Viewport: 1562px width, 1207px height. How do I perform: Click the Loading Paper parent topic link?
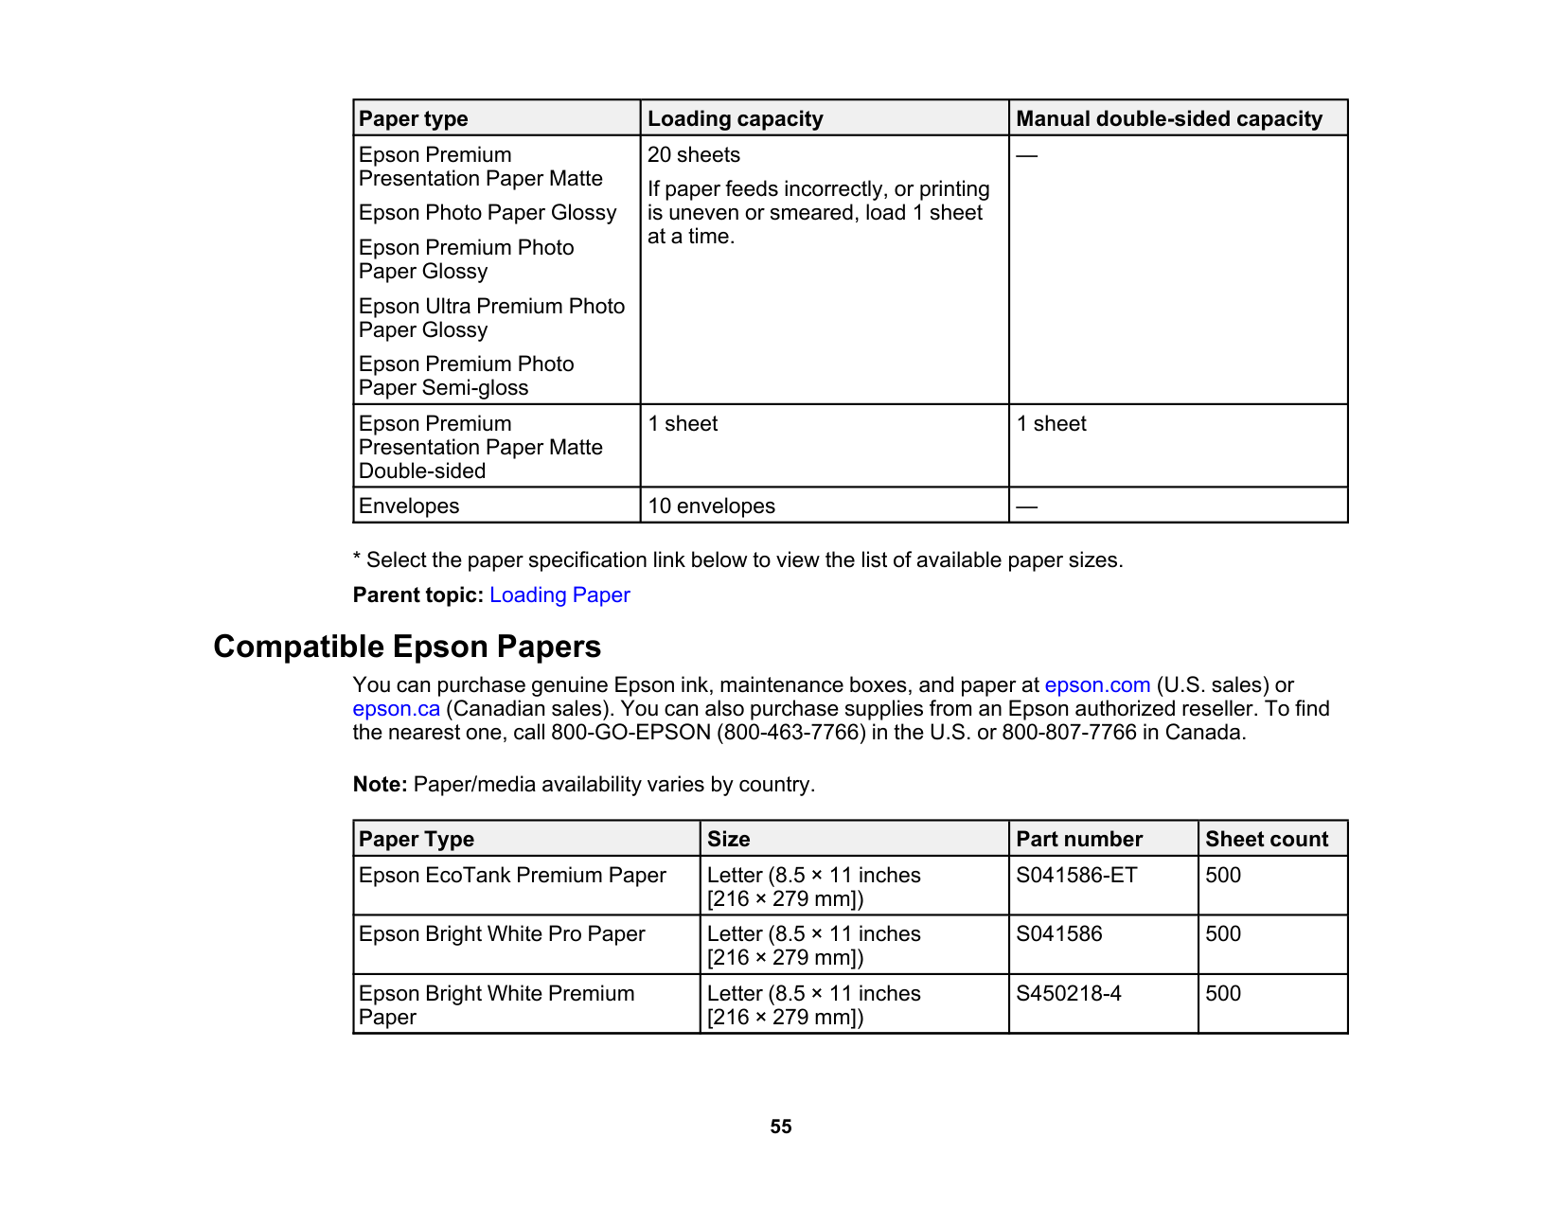559,595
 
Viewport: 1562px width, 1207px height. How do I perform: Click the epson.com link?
1097,685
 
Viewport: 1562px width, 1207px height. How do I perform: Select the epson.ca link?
396,709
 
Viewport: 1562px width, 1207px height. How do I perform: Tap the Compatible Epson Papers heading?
407,647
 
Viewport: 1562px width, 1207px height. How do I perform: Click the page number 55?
781,1127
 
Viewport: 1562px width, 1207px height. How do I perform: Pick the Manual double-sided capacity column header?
1169,119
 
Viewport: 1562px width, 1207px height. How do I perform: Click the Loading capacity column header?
736,119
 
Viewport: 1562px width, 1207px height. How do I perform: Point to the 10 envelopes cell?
711,506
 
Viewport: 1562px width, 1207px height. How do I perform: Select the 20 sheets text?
694,155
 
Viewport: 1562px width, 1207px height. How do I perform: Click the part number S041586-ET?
1076,876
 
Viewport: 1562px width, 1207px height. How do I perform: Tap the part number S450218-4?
1069,994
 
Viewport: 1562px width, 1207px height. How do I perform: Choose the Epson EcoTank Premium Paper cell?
512,876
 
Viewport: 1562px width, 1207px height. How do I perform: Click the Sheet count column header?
1267,840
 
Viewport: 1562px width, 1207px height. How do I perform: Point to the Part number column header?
1079,840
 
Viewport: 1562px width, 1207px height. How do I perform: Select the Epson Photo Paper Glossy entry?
488,213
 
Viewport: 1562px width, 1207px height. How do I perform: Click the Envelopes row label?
409,506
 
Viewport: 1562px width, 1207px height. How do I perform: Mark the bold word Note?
380,785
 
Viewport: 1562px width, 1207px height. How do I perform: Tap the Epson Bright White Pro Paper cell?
502,934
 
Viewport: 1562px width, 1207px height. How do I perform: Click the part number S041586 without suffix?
1059,934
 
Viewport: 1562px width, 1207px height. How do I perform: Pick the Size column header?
729,840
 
